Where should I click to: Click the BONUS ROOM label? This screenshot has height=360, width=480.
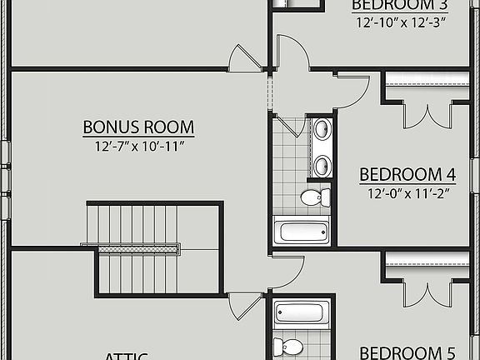coord(138,127)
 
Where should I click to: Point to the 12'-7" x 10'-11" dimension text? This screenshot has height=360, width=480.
coord(138,147)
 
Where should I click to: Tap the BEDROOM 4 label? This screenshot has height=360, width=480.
coord(407,175)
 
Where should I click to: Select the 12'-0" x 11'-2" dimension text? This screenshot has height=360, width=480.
coord(407,193)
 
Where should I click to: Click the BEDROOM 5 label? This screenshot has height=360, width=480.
coord(407,352)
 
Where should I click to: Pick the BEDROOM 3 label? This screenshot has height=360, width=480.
coord(399,5)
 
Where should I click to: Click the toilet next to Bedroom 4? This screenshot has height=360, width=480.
coord(313,197)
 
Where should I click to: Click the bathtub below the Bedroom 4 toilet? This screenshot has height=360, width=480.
coord(301,229)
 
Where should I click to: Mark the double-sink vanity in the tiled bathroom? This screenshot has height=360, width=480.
coord(321,147)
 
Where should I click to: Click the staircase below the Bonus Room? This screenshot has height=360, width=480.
coord(133,225)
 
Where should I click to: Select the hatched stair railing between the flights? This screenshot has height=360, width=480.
coord(132,247)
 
